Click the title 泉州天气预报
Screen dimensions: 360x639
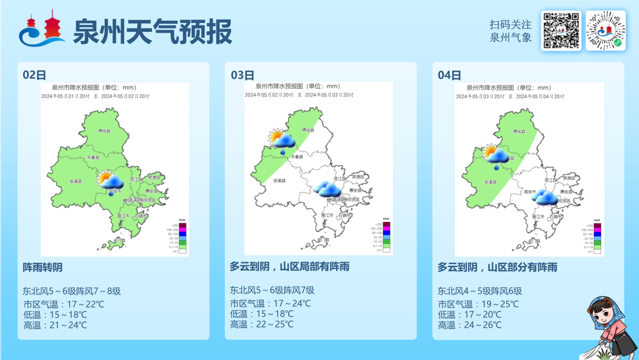click(152, 31)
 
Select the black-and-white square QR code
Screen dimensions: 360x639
click(561, 31)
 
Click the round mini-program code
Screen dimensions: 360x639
click(605, 31)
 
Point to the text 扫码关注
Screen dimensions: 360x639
click(511, 24)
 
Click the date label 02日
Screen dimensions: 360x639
click(34, 75)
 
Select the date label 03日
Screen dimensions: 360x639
click(242, 75)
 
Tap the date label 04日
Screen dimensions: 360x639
click(450, 75)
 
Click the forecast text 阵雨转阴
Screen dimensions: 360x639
click(43, 268)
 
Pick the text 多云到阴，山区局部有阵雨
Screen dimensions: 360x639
click(290, 266)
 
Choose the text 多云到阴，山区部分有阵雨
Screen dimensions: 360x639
click(498, 267)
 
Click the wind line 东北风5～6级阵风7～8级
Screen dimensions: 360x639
click(72, 291)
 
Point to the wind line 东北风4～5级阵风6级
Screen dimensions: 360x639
click(480, 291)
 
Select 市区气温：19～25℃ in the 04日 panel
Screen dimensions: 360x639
click(478, 304)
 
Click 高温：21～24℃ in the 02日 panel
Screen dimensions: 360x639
click(55, 324)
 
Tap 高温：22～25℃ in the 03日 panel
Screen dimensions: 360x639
click(262, 324)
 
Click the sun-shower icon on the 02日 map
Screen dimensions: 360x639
click(111, 182)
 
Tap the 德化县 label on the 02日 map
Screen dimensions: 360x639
click(104, 131)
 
